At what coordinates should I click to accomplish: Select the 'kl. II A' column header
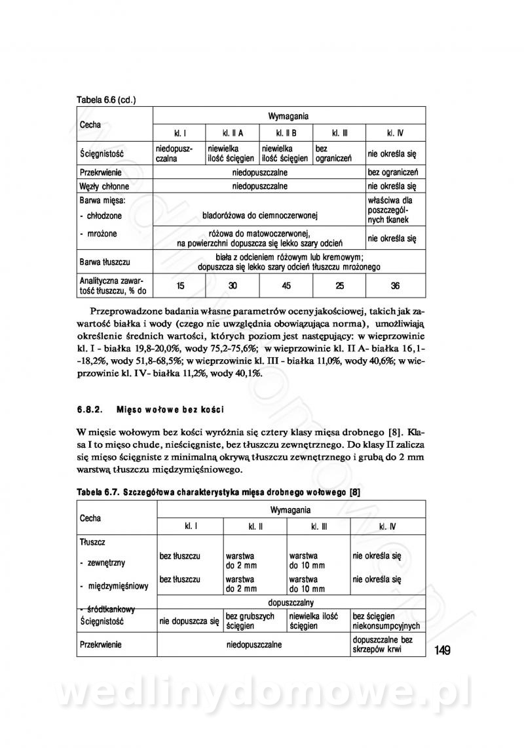click(x=233, y=133)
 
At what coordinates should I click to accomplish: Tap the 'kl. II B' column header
click(x=286, y=133)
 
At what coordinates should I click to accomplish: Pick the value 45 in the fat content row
click(x=286, y=285)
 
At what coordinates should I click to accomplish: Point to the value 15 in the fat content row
click(x=180, y=285)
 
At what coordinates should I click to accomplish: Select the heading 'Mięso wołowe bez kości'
click(x=170, y=410)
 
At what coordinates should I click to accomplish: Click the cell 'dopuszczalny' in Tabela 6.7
click(x=291, y=602)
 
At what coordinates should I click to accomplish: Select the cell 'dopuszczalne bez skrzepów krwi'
click(x=383, y=644)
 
